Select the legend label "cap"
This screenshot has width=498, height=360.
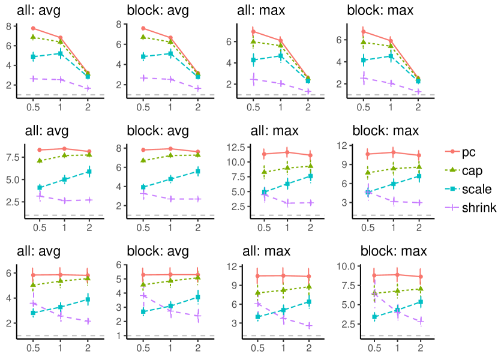472,170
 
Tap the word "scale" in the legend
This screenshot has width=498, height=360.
477,190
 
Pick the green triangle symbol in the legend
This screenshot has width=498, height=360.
451,170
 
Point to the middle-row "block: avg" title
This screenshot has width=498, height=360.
158,130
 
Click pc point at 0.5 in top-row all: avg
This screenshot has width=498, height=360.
34,28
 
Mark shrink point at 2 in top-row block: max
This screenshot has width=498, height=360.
418,92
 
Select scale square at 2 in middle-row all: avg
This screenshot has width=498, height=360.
89,172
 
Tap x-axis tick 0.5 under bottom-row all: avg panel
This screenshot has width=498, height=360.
34,348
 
